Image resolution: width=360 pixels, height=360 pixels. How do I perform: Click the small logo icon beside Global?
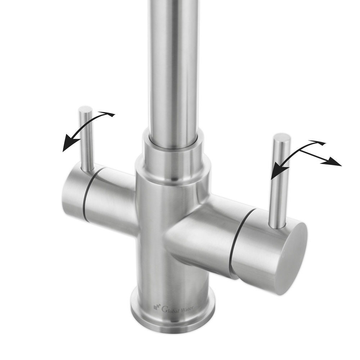(157, 306)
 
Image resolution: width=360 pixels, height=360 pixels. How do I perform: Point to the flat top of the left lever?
(85, 109)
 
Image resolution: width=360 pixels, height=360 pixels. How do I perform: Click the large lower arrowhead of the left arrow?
(71, 141)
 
